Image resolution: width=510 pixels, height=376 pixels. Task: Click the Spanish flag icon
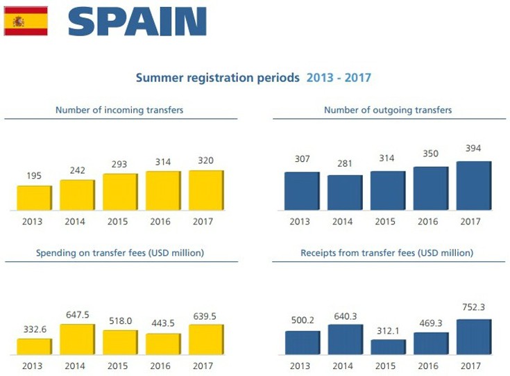click(x=26, y=21)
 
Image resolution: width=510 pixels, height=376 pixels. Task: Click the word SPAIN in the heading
click(x=137, y=22)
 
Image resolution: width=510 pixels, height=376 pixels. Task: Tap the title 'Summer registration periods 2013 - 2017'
click(x=253, y=78)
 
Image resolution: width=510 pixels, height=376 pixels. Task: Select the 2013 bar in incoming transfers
click(x=34, y=197)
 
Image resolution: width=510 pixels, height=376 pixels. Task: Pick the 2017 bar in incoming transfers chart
click(x=206, y=190)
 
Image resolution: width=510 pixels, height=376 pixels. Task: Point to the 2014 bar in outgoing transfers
click(x=345, y=193)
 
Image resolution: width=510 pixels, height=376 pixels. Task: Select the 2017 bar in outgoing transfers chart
click(x=474, y=186)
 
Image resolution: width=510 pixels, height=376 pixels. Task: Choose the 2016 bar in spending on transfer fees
click(x=163, y=344)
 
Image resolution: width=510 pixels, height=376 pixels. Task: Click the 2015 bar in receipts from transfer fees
click(x=388, y=347)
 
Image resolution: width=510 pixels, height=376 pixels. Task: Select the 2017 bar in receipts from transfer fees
click(x=474, y=337)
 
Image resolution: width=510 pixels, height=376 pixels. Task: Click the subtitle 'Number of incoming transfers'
click(x=119, y=110)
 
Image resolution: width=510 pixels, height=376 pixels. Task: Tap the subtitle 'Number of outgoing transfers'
click(x=388, y=110)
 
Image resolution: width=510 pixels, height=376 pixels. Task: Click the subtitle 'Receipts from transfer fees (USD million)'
click(x=388, y=253)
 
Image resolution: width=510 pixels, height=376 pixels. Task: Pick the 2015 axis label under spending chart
click(x=120, y=366)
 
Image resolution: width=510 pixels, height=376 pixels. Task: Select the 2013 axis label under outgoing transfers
click(x=302, y=222)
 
